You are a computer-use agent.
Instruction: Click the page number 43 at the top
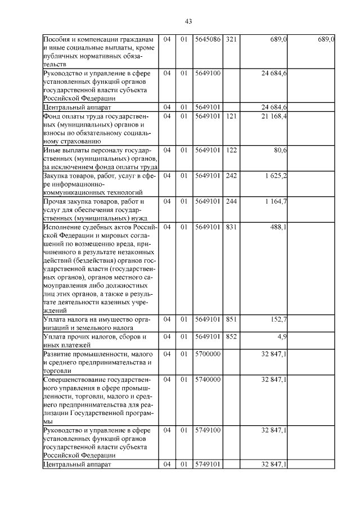(188, 21)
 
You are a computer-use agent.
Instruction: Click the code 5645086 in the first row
(208, 40)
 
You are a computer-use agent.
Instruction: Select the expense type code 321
(231, 40)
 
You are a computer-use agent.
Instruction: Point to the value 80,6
(281, 151)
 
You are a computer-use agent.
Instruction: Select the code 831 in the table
(231, 227)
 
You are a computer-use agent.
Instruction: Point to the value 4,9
(283, 336)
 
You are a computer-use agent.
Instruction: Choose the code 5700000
(208, 354)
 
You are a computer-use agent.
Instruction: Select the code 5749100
(208, 430)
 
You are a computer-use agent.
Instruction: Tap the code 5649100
(208, 74)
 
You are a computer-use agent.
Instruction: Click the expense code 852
(231, 336)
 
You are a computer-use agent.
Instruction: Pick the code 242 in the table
(231, 176)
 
